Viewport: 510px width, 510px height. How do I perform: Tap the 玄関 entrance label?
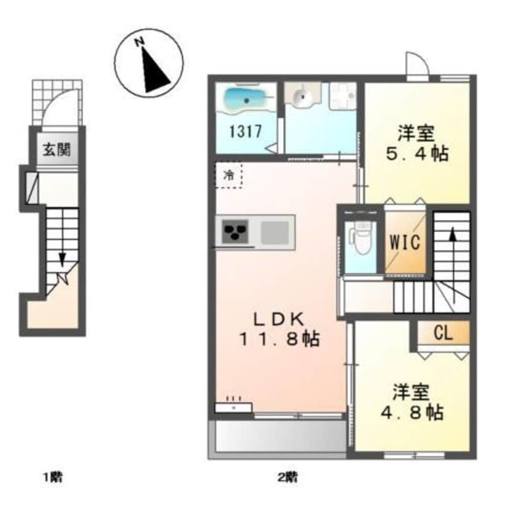[x=56, y=149]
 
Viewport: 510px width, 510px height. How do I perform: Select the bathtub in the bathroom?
[x=246, y=99]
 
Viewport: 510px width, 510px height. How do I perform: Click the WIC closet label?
[x=405, y=242]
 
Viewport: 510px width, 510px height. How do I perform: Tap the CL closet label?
[x=443, y=332]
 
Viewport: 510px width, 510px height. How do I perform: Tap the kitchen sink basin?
[x=274, y=231]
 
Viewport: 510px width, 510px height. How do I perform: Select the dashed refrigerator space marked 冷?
[x=228, y=175]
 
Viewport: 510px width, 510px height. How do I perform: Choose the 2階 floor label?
[x=288, y=478]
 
